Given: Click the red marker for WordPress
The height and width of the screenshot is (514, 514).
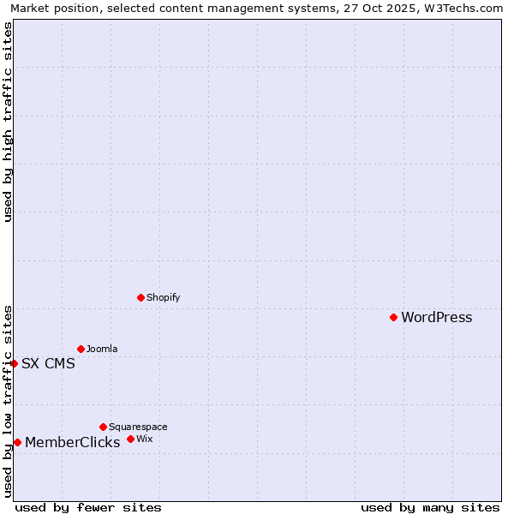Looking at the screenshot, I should (393, 317).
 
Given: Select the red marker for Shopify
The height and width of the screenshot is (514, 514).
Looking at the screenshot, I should (140, 297).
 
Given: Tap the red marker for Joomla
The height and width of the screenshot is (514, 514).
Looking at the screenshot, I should (81, 349).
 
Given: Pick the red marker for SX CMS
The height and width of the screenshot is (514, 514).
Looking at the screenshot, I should (14, 363).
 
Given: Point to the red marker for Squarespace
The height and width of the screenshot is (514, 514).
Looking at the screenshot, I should (103, 427).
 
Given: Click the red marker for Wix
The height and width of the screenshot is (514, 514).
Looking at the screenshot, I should (130, 439).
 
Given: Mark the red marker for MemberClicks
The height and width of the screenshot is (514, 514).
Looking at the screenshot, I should (17, 442).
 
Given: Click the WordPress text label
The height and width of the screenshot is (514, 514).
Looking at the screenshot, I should (436, 318).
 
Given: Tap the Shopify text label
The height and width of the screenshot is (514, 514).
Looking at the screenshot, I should (163, 298).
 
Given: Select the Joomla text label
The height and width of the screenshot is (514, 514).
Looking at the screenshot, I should (102, 350).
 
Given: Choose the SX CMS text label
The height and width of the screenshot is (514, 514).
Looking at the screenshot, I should (48, 364).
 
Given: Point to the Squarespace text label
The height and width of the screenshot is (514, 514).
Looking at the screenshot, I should (138, 427).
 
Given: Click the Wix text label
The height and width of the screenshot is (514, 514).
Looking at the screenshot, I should (144, 439).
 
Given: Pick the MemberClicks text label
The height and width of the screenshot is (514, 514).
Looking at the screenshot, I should (72, 443).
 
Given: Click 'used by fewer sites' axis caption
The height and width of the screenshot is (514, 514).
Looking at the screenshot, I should (88, 508).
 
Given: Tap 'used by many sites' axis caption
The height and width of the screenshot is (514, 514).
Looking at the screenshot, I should (430, 508).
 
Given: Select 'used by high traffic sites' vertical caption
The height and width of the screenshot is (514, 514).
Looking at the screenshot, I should (9, 122).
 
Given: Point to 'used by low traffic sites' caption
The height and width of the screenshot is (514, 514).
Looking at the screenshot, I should (9, 401).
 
